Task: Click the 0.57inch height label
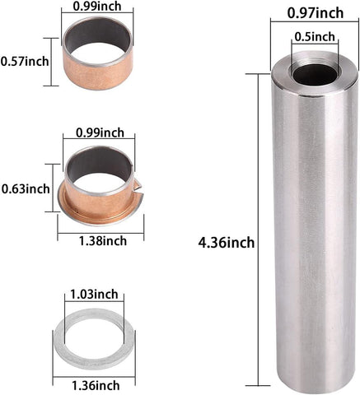pos(25,60)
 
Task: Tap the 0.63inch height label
pos(26,188)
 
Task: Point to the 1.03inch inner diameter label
pos(93,292)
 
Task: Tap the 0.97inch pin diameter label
pos(316,13)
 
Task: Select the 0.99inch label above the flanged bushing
pos(100,132)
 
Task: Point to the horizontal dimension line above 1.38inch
pos(103,231)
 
